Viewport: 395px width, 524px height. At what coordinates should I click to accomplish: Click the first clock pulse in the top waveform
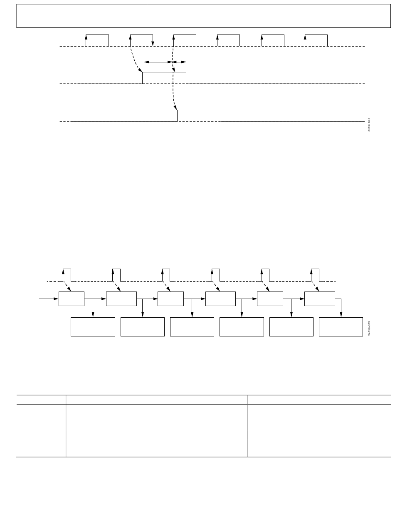click(x=97, y=40)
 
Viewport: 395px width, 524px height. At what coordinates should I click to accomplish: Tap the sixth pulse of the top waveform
click(x=316, y=40)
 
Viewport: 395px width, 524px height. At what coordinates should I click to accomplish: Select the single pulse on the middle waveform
click(x=164, y=78)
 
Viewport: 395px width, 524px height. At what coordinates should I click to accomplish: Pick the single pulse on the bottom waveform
click(x=199, y=116)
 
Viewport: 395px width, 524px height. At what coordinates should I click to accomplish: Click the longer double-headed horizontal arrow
click(x=158, y=62)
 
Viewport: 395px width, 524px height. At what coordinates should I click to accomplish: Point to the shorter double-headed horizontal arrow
click(x=179, y=62)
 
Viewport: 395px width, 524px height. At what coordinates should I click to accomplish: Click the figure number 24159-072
click(x=369, y=125)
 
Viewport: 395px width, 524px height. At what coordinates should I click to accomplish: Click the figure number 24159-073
click(x=369, y=328)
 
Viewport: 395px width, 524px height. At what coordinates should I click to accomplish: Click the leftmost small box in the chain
click(x=72, y=299)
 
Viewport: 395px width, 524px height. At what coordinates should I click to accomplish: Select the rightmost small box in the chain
click(x=319, y=299)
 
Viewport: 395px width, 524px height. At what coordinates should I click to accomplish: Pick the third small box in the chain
click(x=170, y=299)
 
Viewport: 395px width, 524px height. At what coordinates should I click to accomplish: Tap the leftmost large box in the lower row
click(x=93, y=327)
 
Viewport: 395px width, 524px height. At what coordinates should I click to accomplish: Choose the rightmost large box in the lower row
click(x=341, y=327)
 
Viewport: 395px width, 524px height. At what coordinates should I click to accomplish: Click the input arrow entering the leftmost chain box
click(x=49, y=299)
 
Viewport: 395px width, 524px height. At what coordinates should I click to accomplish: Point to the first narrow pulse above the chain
click(x=67, y=275)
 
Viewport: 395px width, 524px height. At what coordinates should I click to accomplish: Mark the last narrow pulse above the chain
click(x=315, y=275)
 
